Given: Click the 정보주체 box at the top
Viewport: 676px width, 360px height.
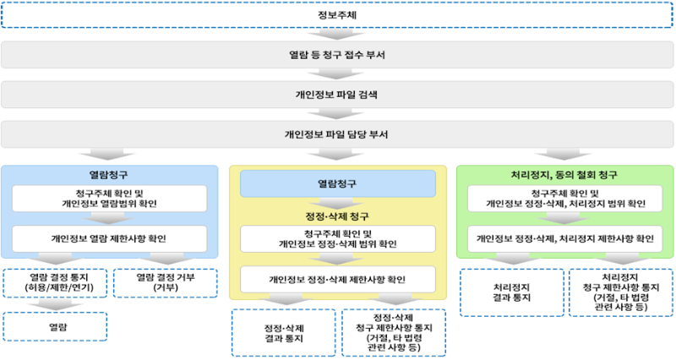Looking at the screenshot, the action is pos(337,15).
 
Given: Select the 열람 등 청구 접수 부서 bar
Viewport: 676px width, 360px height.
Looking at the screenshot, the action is pos(337,55).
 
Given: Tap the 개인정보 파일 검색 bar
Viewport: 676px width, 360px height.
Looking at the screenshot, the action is pos(337,95).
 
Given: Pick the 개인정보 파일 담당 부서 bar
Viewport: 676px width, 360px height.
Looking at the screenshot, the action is pos(337,134).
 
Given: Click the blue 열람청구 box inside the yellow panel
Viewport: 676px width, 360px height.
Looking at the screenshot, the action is pos(337,183).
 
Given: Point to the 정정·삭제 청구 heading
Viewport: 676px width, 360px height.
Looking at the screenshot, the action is pos(337,216).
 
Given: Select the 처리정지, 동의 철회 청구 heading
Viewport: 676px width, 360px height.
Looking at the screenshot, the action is pos(564,175).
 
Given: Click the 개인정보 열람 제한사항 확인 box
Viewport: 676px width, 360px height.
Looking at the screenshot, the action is pos(109,238).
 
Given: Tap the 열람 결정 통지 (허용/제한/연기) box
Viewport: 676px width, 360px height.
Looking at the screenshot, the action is pos(55,283).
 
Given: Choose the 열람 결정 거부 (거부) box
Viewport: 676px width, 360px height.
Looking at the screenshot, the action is pos(166,283).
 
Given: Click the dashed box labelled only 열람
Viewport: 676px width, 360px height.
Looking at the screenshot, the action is pos(55,327).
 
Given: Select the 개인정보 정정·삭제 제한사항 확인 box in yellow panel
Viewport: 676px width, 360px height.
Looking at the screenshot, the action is pos(337,280).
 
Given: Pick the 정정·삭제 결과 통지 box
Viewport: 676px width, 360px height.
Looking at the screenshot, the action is pos(284,333).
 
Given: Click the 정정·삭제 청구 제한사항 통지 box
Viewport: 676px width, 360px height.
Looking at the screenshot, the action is pos(394,333).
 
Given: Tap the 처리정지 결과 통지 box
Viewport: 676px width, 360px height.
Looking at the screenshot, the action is pos(512,292).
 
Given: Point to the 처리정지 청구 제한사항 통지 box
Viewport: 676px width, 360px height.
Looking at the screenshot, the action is pos(621,292).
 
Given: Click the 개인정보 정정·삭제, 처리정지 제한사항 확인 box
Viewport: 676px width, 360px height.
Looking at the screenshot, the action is pos(564,238).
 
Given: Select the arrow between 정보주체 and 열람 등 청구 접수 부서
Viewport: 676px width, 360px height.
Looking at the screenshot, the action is pos(336,35).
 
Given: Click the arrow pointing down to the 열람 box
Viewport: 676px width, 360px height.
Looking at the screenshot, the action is pos(55,305).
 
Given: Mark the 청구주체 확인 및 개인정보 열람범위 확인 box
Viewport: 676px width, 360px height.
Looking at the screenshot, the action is pos(109,199).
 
